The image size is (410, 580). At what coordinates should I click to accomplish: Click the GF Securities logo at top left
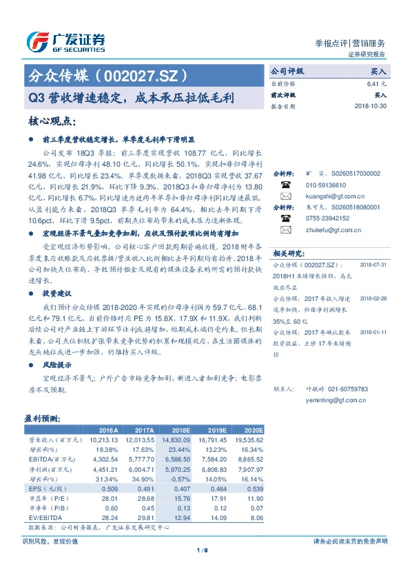[65, 42]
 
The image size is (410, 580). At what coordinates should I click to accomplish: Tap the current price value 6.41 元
[378, 83]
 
